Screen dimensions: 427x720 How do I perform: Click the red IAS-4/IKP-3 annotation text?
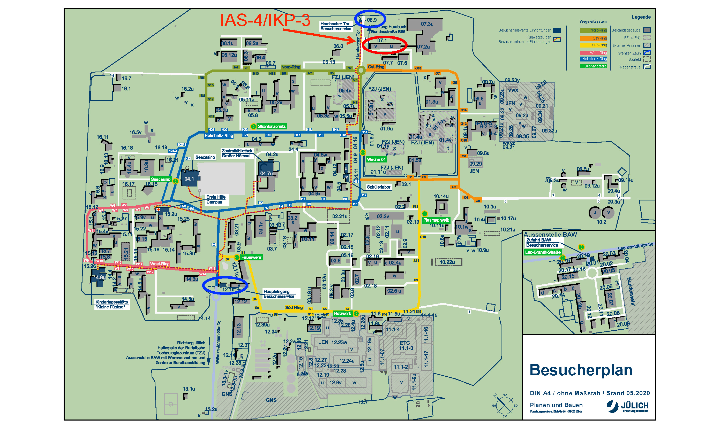tap(265, 20)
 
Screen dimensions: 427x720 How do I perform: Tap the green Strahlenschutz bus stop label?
tap(271, 127)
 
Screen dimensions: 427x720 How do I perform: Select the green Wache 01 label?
tap(376, 159)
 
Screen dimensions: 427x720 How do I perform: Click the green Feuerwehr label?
tap(251, 258)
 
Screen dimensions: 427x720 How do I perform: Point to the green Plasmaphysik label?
tap(436, 220)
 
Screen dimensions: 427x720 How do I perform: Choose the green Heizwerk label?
tap(342, 314)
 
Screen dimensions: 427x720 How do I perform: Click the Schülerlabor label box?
tap(378, 187)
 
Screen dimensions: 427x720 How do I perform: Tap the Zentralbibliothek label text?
tap(237, 151)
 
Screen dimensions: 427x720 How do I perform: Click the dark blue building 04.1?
tap(190, 178)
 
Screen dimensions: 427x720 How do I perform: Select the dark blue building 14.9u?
tap(99, 277)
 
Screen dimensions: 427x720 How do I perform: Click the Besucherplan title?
tap(581, 370)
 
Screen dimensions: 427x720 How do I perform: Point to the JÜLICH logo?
tap(628, 407)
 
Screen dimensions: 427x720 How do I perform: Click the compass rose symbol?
tap(505, 405)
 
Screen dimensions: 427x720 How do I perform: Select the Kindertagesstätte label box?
tap(112, 304)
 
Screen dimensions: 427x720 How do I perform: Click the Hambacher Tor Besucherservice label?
tap(335, 26)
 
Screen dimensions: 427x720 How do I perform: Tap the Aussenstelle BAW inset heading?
tap(550, 235)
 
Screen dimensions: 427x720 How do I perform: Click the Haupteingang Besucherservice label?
tap(279, 294)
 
